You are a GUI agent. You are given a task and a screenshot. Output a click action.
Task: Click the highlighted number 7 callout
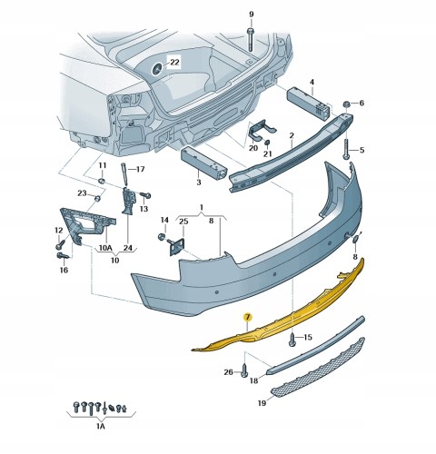pyautogui.click(x=248, y=317)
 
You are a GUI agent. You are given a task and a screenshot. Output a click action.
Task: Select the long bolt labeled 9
pyautogui.click(x=251, y=40)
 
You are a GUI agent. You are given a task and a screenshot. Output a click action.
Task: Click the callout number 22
pyautogui.click(x=174, y=63)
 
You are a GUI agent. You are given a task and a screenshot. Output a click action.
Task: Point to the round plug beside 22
pyautogui.click(x=156, y=70)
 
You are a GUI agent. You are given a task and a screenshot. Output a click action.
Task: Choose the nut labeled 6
pyautogui.click(x=346, y=104)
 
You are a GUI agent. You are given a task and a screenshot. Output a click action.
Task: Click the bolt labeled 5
pyautogui.click(x=346, y=149)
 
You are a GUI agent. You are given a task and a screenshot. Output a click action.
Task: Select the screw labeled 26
pyautogui.click(x=244, y=370)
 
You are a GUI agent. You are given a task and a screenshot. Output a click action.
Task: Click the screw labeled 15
pyautogui.click(x=292, y=340)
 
